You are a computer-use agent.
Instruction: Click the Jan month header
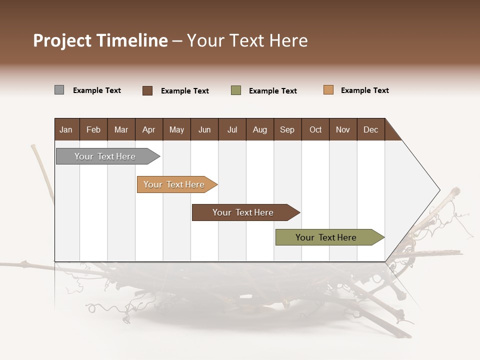click(66, 129)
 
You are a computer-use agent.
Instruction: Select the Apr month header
click(148, 129)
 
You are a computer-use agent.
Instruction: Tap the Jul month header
click(232, 129)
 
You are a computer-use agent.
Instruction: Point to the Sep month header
click(287, 129)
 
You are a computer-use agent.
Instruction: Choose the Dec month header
click(370, 129)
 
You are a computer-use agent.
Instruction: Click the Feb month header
click(93, 129)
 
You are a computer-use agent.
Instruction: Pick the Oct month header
click(315, 129)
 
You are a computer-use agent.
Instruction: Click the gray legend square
click(59, 90)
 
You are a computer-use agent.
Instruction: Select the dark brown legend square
click(147, 90)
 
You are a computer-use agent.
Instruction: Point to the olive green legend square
click(236, 90)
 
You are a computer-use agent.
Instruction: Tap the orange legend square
click(328, 90)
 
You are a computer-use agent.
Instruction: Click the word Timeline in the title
click(132, 40)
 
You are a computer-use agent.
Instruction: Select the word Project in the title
click(63, 40)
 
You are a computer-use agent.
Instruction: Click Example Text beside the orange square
click(364, 90)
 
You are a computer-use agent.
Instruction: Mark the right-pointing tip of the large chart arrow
click(439, 190)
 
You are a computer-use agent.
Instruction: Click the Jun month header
click(204, 129)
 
